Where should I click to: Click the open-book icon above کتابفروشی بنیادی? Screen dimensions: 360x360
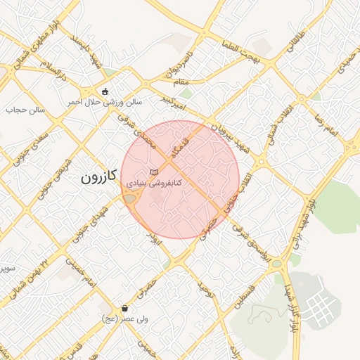click(155, 172)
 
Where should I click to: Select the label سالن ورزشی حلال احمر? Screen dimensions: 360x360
click(105, 102)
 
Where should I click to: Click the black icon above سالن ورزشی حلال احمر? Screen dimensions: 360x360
click(105, 91)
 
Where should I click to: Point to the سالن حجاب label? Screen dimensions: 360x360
click(26, 110)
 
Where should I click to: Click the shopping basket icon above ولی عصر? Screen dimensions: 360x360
click(125, 308)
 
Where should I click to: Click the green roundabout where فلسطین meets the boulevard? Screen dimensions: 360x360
click(277, 264)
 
